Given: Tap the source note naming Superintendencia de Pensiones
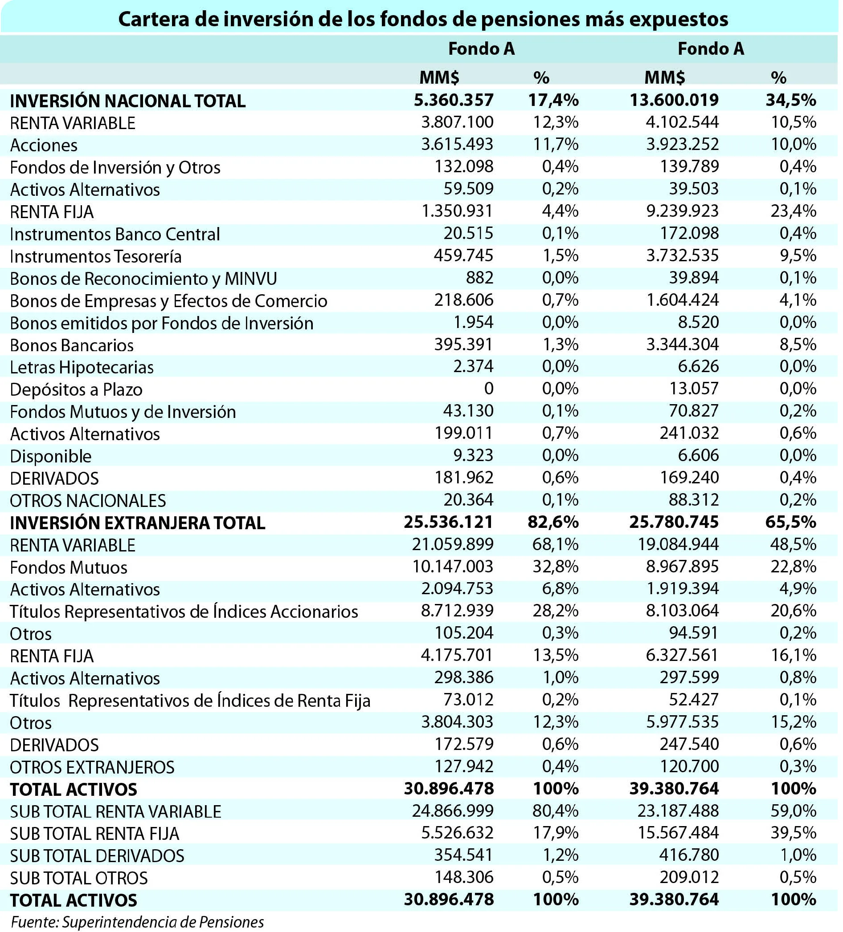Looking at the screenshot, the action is (x=137, y=921).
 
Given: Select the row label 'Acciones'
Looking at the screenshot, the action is (x=44, y=145).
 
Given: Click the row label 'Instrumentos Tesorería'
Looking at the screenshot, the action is (x=96, y=256).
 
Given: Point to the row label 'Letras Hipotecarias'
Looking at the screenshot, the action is (x=82, y=367).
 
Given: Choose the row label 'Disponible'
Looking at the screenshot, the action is (x=51, y=456).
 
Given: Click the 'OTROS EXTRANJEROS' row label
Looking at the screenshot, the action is (x=93, y=767).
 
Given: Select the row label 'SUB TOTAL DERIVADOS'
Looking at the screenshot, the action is (x=97, y=856).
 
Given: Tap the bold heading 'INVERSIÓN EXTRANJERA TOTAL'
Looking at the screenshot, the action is (x=138, y=523).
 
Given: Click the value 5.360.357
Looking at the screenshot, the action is (x=454, y=100).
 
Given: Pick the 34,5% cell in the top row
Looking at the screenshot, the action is (x=791, y=100).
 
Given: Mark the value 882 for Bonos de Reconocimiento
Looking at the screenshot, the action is (x=479, y=277).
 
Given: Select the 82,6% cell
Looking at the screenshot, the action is (x=553, y=522).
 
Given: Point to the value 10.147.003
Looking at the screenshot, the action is (x=453, y=566).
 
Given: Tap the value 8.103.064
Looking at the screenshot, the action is (x=683, y=611).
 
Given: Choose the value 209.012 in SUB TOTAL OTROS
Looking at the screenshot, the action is (x=689, y=877).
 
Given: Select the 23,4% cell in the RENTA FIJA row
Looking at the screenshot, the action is (x=793, y=211).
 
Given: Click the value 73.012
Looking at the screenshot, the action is (x=468, y=700).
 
